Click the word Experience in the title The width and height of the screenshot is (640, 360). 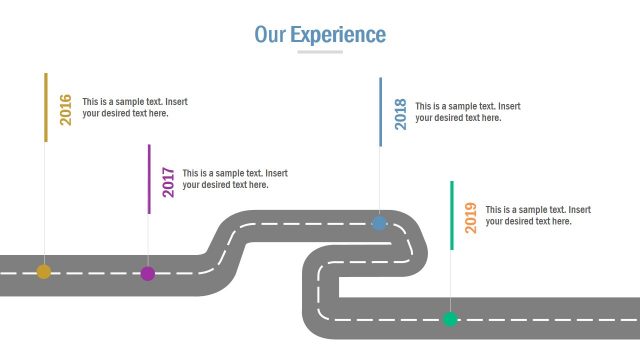pyautogui.click(x=338, y=35)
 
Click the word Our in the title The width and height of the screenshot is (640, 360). pyautogui.click(x=270, y=35)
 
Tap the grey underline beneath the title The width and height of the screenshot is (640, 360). pyautogui.click(x=320, y=52)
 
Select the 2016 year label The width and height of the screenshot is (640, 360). pyautogui.click(x=66, y=108)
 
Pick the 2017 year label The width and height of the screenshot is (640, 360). pyautogui.click(x=168, y=181)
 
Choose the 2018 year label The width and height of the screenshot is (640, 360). pyautogui.click(x=400, y=113)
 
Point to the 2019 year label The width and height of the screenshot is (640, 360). pyautogui.click(x=471, y=217)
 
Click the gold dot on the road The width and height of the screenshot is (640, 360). pyautogui.click(x=44, y=271)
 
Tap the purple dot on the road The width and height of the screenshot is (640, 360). pyautogui.click(x=148, y=273)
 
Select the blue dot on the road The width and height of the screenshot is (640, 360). pyautogui.click(x=380, y=222)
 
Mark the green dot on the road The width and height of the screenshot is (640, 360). pyautogui.click(x=450, y=319)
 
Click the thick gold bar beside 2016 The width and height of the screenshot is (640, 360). pyautogui.click(x=45, y=106)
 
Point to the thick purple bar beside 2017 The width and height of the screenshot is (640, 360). pyautogui.click(x=149, y=179)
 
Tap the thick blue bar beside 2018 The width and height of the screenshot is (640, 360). pyautogui.click(x=380, y=111)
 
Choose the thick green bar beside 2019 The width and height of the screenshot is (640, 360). pyautogui.click(x=451, y=215)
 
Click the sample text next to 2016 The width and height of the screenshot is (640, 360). pyautogui.click(x=134, y=108)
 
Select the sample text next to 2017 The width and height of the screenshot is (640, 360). pyautogui.click(x=234, y=179)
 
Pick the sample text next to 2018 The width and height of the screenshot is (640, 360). pyautogui.click(x=467, y=112)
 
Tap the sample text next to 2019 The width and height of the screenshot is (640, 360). pyautogui.click(x=538, y=216)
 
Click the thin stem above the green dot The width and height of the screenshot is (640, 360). pyautogui.click(x=450, y=280)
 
